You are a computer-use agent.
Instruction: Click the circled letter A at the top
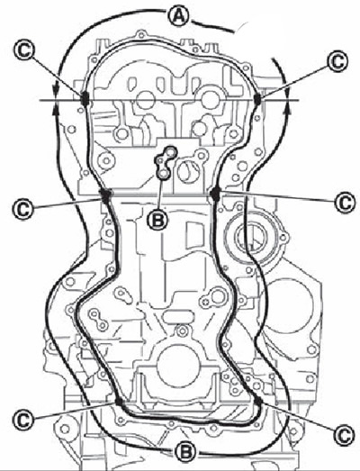(x=179, y=16)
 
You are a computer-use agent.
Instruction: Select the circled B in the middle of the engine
(x=157, y=221)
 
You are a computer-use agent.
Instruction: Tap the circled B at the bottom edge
(x=185, y=450)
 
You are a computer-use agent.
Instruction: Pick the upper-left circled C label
(x=24, y=51)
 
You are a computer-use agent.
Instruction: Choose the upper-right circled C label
(x=338, y=61)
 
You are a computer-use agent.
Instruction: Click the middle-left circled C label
(x=22, y=209)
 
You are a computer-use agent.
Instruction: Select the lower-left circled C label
(x=22, y=420)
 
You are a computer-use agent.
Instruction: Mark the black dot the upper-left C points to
(x=85, y=98)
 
